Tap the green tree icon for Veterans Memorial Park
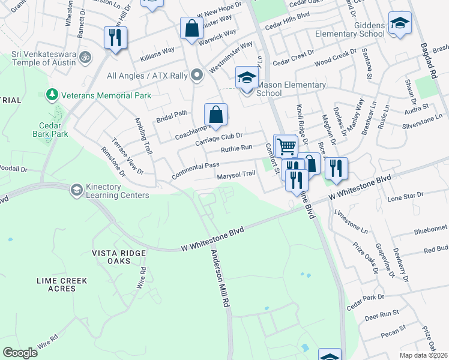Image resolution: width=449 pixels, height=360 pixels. click(53, 95)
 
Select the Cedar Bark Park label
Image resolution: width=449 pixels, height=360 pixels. click(50, 129)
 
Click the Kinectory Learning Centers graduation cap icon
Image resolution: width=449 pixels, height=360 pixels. click(76, 190)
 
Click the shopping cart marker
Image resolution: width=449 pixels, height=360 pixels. click(286, 145)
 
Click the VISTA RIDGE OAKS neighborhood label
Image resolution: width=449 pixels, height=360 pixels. click(119, 253)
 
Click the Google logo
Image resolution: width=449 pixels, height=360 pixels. click(20, 353)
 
